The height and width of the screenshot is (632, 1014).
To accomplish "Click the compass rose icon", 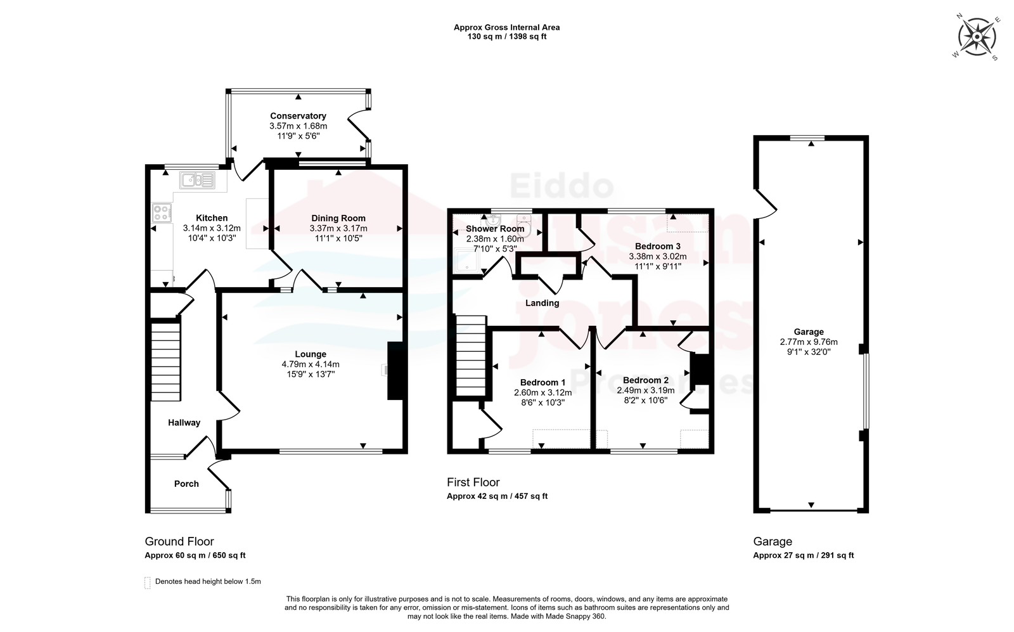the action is tap(977, 37).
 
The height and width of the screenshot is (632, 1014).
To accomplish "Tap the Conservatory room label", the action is tap(298, 116).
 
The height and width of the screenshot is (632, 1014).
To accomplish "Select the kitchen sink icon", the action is tap(197, 180).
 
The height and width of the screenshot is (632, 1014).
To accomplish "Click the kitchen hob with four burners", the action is tap(162, 213).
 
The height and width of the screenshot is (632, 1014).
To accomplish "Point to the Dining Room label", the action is tap(338, 218).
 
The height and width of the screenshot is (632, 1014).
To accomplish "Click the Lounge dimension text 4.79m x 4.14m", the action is tap(311, 364).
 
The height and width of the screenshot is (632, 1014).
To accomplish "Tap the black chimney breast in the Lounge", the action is tap(395, 371).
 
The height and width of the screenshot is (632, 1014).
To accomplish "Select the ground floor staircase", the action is tap(165, 360).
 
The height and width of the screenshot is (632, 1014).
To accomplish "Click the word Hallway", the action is tap(184, 423).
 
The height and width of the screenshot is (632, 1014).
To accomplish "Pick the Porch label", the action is tap(186, 484).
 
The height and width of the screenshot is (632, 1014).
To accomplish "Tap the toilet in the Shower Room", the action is tap(523, 225).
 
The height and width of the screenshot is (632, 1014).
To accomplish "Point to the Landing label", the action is tap(542, 304).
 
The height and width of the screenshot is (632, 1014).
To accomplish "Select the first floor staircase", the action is tap(471, 356).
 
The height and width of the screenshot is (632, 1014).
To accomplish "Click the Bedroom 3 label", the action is tap(657, 247).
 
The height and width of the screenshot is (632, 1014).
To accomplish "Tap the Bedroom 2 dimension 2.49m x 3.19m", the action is tap(646, 390).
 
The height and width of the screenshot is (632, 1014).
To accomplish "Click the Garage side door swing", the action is tap(765, 204).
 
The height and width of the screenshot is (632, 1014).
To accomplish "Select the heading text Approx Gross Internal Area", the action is tap(506, 28).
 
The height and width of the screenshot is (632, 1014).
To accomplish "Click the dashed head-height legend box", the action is tap(148, 583).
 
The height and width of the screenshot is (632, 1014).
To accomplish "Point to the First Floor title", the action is tap(473, 482).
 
